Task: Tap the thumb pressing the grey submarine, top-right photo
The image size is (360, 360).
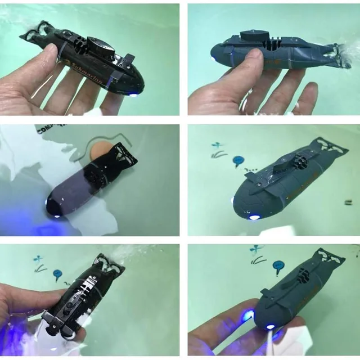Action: pos(256,59)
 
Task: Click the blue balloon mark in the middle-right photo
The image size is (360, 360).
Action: pos(238,161)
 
